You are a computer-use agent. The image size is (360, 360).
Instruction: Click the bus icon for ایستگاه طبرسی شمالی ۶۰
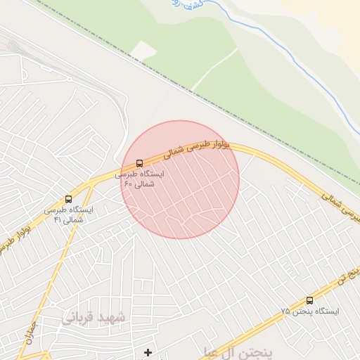139,163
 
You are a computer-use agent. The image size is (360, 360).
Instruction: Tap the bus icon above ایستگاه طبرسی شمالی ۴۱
68,199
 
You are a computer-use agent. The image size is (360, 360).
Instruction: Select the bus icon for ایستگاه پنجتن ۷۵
309,300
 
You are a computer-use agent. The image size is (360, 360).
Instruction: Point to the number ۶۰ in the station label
129,184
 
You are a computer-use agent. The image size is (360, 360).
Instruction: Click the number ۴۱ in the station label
58,220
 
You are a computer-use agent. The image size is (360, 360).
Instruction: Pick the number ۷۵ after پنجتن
285,311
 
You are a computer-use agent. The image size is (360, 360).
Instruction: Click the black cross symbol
148,352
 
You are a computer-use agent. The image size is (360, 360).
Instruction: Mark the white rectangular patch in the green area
144,51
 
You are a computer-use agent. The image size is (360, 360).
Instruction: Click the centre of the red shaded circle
180,179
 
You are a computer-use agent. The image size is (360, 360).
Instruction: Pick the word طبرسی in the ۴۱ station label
60,210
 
